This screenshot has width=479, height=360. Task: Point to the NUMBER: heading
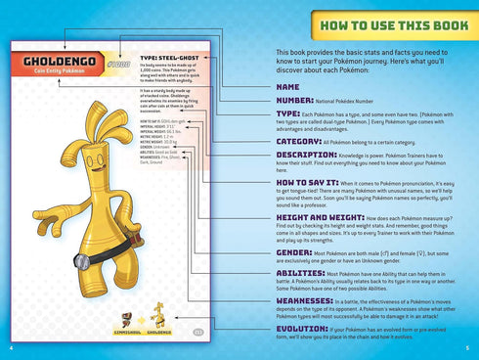point(294,100)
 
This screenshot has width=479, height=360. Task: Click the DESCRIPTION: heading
point(306,155)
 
